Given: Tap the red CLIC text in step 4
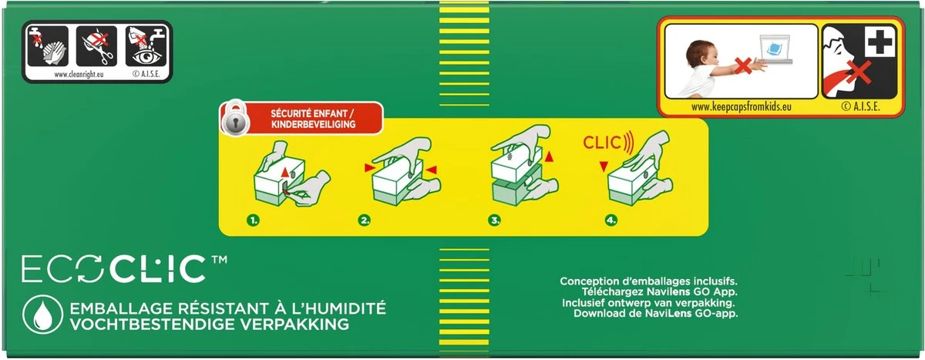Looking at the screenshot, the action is [602, 143].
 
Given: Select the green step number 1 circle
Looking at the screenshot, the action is [253, 220].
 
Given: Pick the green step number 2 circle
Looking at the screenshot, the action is [364, 220].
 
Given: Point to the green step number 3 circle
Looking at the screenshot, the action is [494, 220].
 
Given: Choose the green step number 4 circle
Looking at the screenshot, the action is [611, 220].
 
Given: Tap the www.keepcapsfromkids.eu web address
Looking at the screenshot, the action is [742, 107].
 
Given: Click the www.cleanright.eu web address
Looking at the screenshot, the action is [79, 74].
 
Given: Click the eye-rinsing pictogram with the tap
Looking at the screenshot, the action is [146, 46].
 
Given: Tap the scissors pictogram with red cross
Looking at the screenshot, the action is [96, 46].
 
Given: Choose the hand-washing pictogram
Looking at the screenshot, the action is [48, 46].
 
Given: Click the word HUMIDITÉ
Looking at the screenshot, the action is [342, 308].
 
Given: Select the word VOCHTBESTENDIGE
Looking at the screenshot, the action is [152, 325].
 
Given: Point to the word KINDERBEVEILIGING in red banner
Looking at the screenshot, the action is [314, 124].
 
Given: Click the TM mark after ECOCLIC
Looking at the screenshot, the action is [219, 259].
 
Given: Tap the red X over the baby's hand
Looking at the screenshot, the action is [742, 66].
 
